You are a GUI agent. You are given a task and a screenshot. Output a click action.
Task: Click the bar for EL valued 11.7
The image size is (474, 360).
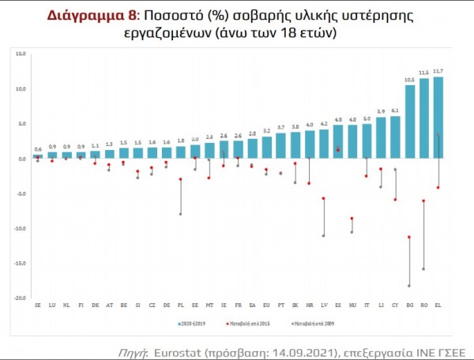point(438,118)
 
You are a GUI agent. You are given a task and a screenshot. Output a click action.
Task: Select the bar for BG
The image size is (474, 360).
point(409,122)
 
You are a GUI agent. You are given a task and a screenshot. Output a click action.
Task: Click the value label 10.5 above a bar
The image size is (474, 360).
point(409,80)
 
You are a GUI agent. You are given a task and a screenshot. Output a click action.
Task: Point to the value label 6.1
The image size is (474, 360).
point(395,111)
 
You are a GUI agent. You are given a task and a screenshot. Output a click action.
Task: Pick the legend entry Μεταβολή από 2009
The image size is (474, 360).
point(312,324)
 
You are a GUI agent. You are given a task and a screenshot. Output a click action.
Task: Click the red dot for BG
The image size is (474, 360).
point(409,237)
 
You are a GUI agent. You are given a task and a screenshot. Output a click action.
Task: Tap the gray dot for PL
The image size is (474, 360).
point(180,214)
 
